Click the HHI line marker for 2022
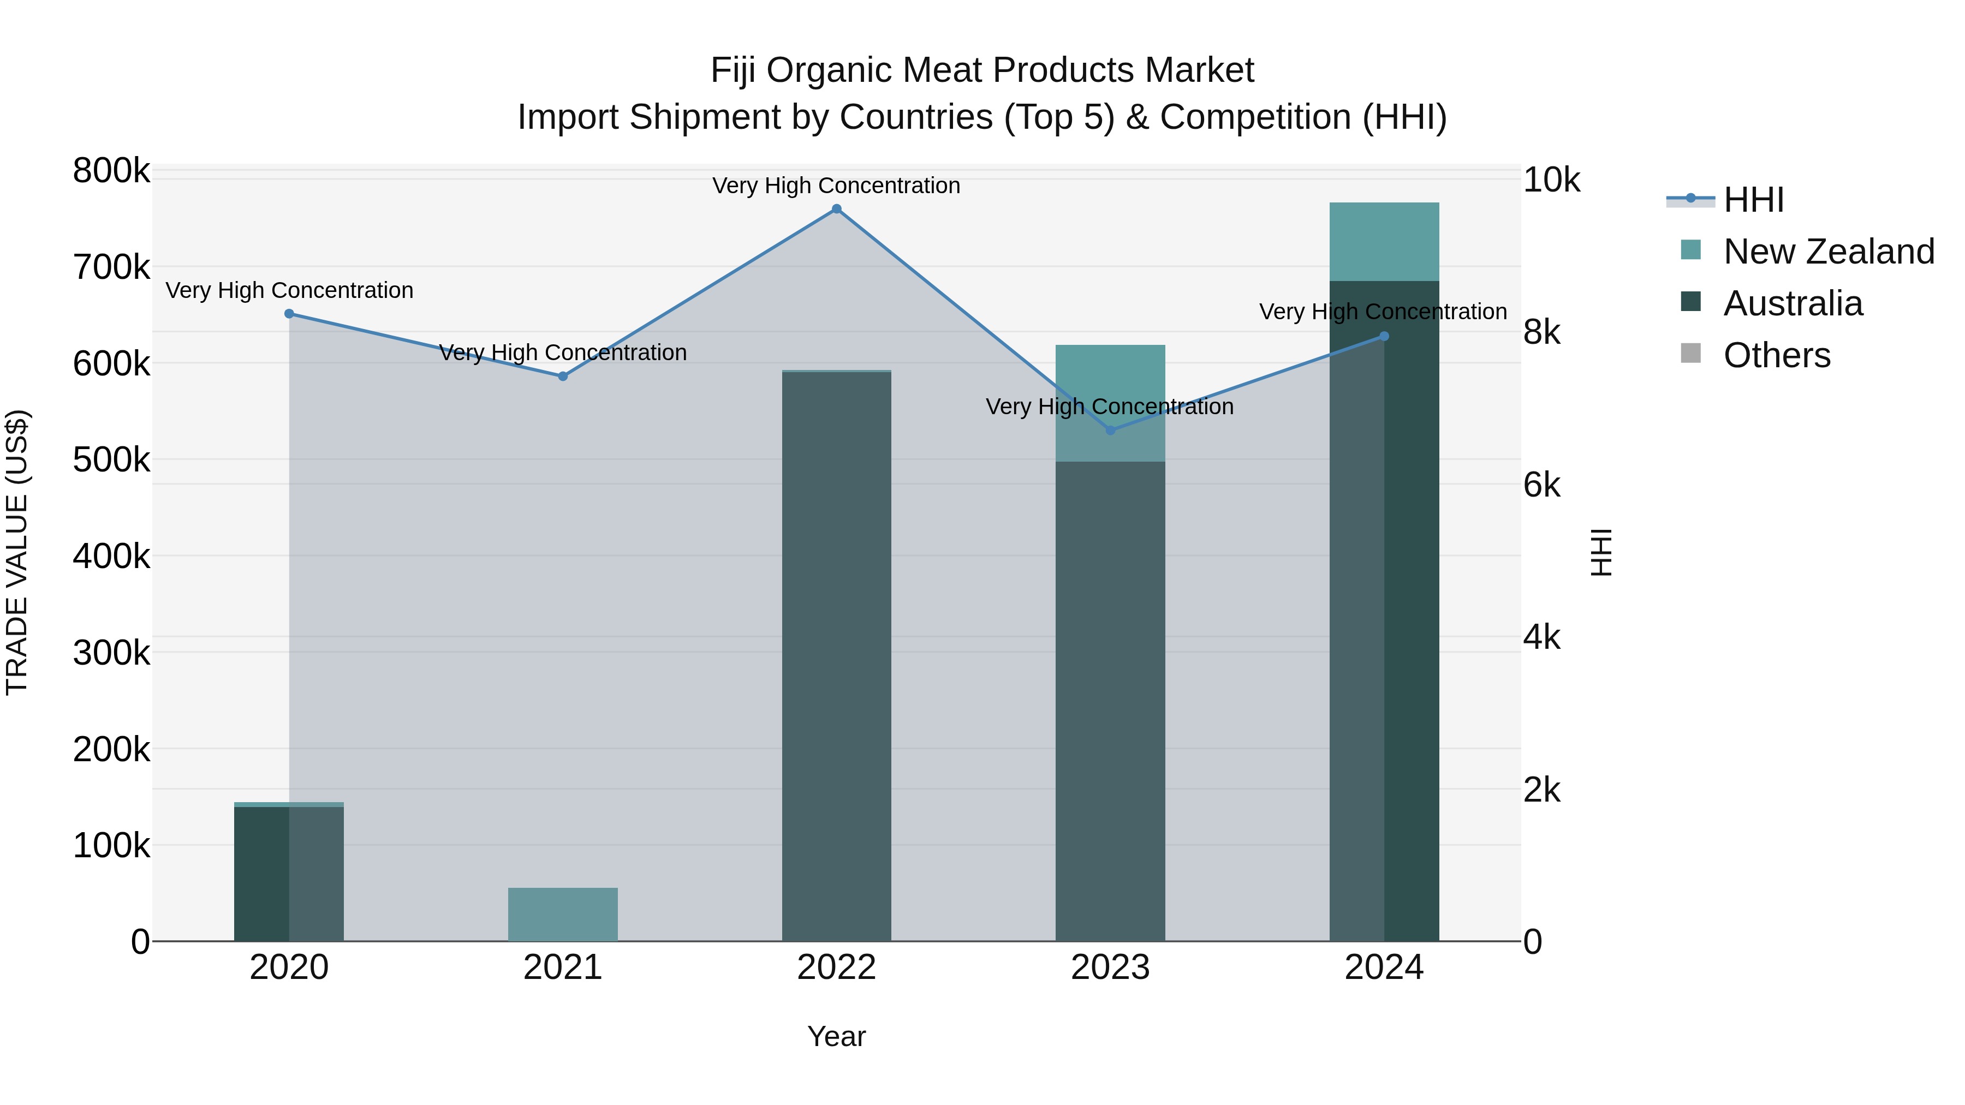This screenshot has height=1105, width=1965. (836, 209)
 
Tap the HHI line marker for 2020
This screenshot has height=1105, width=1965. (289, 313)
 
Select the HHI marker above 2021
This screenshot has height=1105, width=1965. (563, 376)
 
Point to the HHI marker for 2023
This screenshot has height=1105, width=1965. (1110, 430)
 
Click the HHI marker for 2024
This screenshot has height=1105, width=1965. (1384, 336)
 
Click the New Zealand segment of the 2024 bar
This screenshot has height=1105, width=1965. (1384, 242)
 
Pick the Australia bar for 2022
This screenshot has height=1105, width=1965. (836, 656)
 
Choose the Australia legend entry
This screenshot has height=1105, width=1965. (1792, 303)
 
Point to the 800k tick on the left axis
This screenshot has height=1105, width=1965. (111, 171)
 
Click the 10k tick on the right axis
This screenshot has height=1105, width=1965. (1551, 181)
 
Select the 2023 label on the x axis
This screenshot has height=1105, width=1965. (1110, 967)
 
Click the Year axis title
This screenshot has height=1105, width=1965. (836, 1036)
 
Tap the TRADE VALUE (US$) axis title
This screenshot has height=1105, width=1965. (17, 552)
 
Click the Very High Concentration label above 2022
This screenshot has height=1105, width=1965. (836, 186)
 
